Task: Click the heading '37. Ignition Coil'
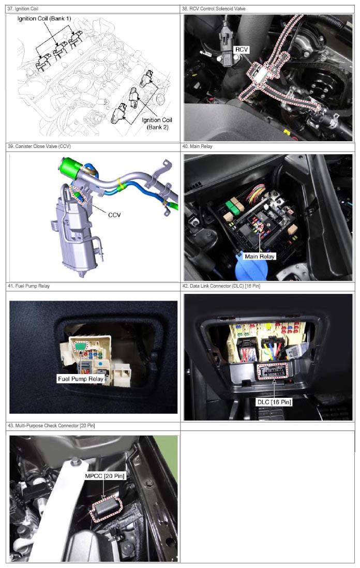tap(23, 9)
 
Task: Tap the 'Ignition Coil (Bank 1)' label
tap(44, 19)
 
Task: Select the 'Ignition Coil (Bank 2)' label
tap(157, 124)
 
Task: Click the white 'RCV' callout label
tap(242, 50)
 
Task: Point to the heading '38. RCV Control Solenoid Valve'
tap(214, 9)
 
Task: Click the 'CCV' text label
tap(114, 215)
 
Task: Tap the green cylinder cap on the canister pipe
tap(71, 167)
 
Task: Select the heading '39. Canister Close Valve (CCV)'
tap(39, 146)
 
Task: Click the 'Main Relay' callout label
tap(260, 257)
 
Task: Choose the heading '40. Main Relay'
tap(197, 146)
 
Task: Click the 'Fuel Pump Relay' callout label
tap(81, 379)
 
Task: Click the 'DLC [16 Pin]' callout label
tap(274, 402)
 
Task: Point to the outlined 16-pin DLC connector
tap(273, 371)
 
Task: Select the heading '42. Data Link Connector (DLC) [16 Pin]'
tap(221, 286)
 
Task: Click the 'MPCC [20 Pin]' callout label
tap(104, 476)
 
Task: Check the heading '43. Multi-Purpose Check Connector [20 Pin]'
tap(51, 426)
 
